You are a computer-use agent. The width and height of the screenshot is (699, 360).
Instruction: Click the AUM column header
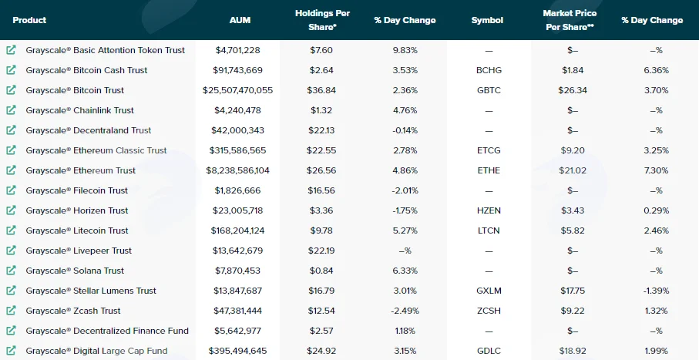coord(240,20)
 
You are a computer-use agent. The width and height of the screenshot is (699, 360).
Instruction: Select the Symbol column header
coord(487,20)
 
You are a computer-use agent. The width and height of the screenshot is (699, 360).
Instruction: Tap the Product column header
coord(29,20)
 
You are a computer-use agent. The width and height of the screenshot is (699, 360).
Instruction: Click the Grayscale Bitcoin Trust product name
coord(75,90)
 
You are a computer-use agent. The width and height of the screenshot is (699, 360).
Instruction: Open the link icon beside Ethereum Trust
coord(11,170)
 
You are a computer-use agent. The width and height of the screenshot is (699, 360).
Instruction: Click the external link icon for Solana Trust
coord(11,271)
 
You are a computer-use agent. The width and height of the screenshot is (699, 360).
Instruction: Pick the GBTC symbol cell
coord(489,90)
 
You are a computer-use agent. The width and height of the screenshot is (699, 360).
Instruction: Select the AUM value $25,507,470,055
coord(237,90)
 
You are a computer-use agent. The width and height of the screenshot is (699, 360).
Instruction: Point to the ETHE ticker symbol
coord(489,170)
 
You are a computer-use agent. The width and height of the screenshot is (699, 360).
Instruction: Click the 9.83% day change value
coord(405,50)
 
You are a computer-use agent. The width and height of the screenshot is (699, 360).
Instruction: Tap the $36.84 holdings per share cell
coord(321,90)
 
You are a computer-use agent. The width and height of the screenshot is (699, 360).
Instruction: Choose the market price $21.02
coord(573,170)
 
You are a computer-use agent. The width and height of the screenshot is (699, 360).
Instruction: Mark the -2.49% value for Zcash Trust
coord(405,311)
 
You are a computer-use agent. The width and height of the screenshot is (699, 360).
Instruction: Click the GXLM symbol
coord(489,291)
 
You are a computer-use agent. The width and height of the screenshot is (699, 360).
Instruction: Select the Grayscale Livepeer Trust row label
coord(79,251)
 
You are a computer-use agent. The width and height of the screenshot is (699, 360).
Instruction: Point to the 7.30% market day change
coord(656,170)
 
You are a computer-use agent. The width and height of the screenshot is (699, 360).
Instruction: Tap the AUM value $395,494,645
coord(237,351)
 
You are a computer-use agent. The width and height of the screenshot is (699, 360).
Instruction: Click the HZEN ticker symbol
coord(489,210)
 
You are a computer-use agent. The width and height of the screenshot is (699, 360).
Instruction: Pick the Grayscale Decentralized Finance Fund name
coord(107,331)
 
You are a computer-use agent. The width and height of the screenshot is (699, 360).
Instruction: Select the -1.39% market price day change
coord(656,291)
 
